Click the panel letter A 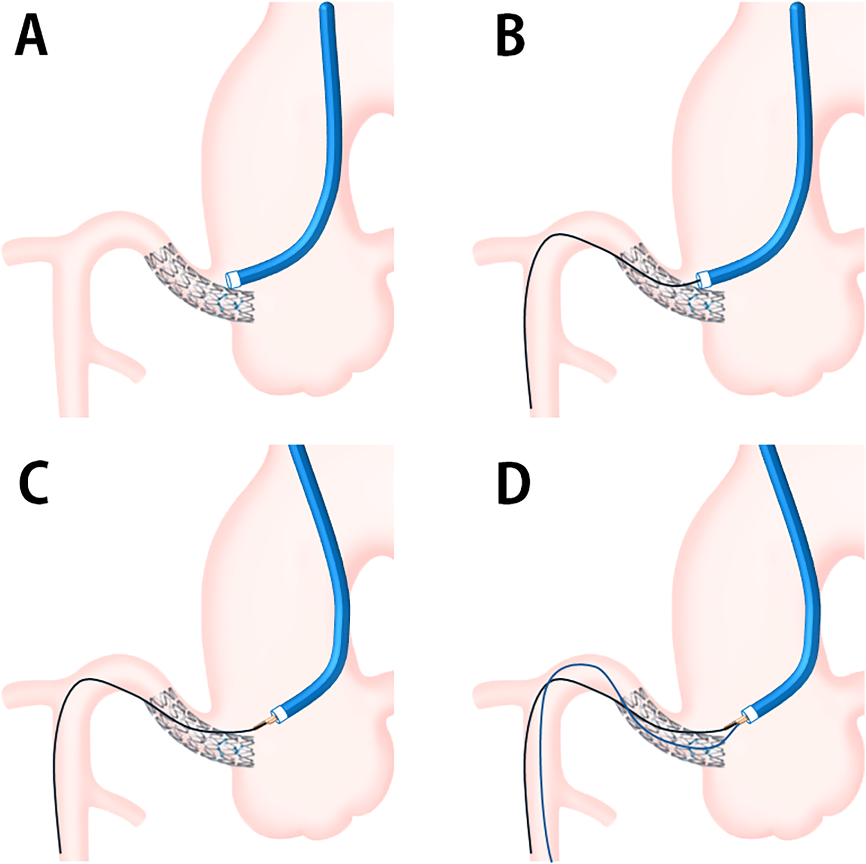[x=31, y=38]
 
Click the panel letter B [x=510, y=38]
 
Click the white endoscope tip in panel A [x=232, y=279]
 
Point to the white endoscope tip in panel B [x=704, y=279]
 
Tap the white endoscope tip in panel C [x=278, y=714]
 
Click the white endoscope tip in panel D [x=749, y=714]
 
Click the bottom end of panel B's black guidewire [x=531, y=407]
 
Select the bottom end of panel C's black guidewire [x=60, y=852]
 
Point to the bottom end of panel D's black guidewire [x=531, y=852]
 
